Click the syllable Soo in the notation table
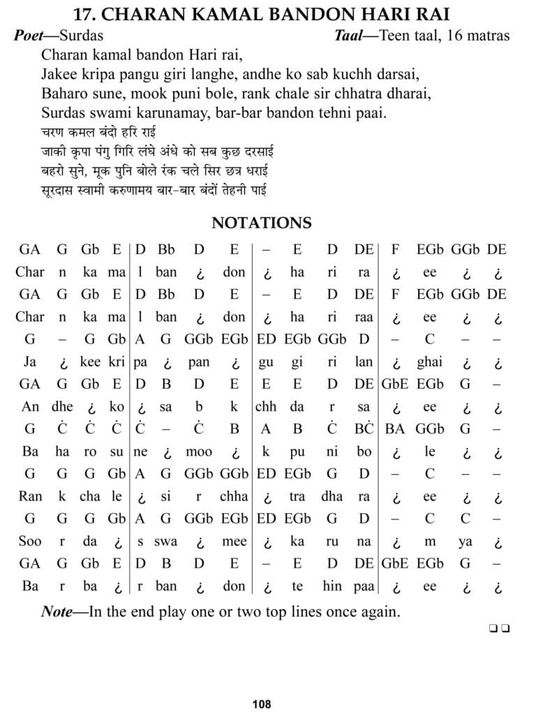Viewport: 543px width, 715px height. tap(30, 541)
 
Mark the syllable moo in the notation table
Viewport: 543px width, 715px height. tap(199, 452)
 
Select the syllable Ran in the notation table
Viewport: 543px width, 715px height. tap(30, 496)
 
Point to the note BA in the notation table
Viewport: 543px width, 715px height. tap(395, 429)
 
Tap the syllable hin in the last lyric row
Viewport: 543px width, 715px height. tap(332, 586)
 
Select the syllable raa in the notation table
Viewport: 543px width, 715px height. tap(364, 317)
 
